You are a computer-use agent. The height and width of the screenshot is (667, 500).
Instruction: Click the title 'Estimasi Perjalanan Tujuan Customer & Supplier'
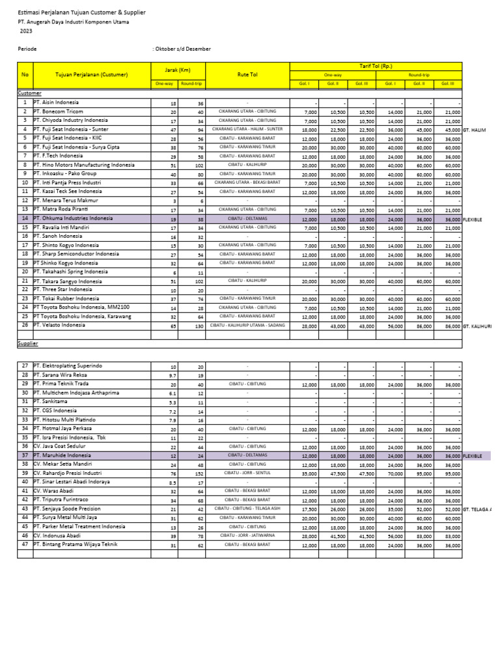(x=81, y=12)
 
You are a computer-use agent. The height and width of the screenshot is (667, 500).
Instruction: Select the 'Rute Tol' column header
(x=247, y=75)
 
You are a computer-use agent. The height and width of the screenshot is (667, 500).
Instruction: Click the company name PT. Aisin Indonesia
(x=57, y=102)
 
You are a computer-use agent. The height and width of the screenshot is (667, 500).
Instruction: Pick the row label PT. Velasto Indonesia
(x=59, y=324)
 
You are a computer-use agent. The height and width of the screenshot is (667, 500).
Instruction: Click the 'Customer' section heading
(x=29, y=93)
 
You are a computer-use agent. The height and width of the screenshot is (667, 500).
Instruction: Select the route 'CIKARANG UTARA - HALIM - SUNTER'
(x=247, y=129)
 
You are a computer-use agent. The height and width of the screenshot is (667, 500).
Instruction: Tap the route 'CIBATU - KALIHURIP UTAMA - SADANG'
(x=247, y=324)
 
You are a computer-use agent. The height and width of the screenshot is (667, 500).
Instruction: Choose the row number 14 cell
(x=25, y=218)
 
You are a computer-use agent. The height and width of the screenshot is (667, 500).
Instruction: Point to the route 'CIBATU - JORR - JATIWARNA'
(x=247, y=535)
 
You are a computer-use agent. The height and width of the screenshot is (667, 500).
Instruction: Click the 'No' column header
(x=25, y=75)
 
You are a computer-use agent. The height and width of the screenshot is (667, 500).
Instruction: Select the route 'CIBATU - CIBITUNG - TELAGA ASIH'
(x=247, y=509)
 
